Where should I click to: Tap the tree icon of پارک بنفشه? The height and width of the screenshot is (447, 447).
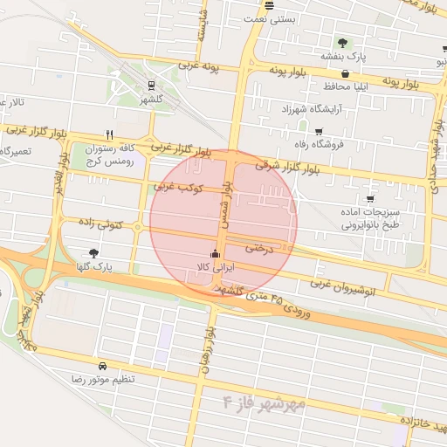(342, 43)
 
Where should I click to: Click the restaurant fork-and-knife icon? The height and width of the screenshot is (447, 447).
(109, 134)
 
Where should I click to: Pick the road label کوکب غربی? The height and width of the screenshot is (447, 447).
(179, 186)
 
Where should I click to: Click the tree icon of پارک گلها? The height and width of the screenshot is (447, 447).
(94, 253)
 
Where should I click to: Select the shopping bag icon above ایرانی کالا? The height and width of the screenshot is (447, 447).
(215, 256)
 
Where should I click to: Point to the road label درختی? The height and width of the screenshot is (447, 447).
(258, 249)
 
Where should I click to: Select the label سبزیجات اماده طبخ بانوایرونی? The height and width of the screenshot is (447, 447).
(368, 217)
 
